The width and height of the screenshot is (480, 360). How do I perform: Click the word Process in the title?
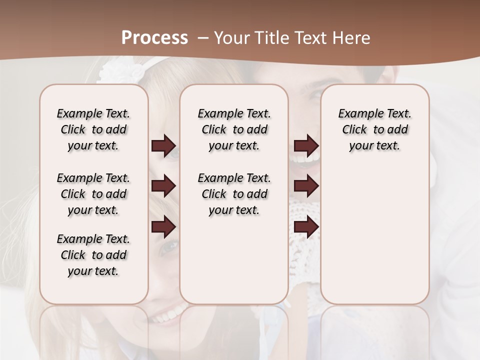[154, 38]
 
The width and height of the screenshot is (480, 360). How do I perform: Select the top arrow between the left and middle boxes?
[163, 145]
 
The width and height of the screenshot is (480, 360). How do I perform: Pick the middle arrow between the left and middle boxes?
[163, 186]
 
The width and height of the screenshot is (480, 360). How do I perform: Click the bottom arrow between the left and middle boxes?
[163, 227]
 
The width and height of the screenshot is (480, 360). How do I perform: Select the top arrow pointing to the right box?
[306, 145]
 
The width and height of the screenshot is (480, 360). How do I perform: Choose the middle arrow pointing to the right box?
[306, 186]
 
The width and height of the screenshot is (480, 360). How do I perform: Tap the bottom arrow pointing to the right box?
[306, 227]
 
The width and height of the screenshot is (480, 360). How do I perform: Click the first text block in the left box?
[93, 129]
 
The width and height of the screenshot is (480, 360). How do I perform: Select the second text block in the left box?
[93, 194]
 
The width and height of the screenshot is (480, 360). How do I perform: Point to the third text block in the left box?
[93, 255]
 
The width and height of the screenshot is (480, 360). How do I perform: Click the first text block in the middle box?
[234, 129]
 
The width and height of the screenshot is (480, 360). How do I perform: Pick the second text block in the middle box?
[234, 194]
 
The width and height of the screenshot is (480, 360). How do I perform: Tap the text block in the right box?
[375, 129]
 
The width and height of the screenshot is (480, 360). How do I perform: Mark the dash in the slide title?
[203, 38]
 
